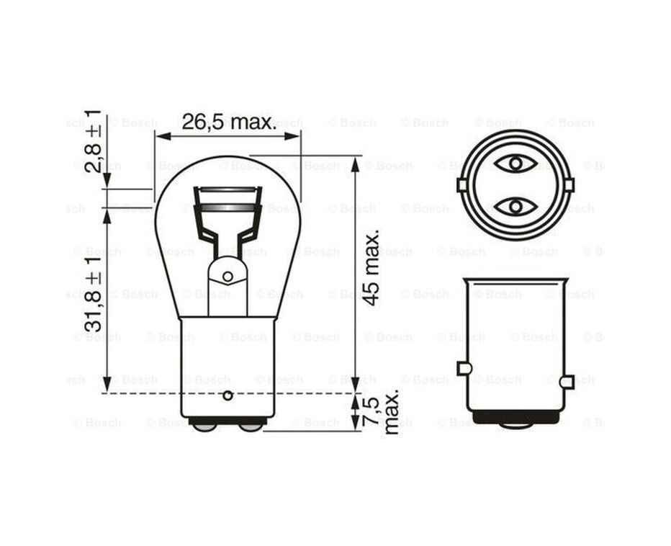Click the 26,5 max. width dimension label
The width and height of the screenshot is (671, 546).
point(228,122)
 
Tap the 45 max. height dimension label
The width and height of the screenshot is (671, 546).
point(371,268)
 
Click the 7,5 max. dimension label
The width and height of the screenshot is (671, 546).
point(382,413)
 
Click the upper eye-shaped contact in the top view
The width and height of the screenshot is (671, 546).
point(515,164)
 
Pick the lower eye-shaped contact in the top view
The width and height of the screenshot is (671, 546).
point(515,207)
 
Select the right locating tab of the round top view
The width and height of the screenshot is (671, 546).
point(569,185)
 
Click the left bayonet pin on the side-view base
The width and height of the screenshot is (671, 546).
point(464,369)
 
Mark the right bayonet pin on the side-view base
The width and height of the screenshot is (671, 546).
point(567,381)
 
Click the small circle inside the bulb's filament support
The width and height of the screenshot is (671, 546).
point(228,276)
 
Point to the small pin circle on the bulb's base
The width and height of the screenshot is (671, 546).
point(228,395)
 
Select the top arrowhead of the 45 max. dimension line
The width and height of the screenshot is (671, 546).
point(355,163)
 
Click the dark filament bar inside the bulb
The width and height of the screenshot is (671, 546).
point(228,207)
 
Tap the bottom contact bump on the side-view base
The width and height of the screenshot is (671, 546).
point(515,424)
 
